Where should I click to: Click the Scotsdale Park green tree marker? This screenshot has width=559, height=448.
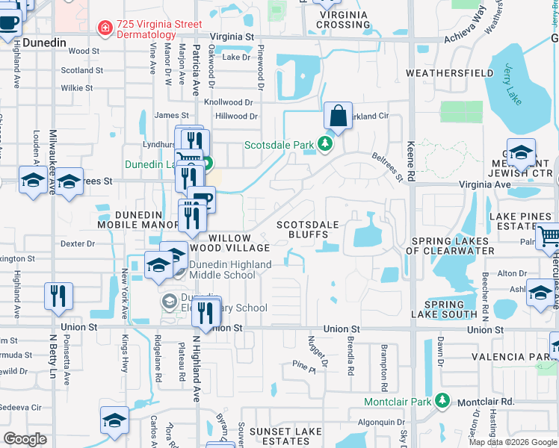click(x=324, y=143)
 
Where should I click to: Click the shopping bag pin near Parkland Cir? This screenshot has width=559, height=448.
click(x=338, y=116)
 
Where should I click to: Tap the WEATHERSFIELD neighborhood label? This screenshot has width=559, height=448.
click(x=449, y=73)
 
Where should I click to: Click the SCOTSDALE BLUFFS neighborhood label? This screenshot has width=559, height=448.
click(x=308, y=229)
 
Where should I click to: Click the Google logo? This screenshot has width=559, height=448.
click(x=25, y=439)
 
